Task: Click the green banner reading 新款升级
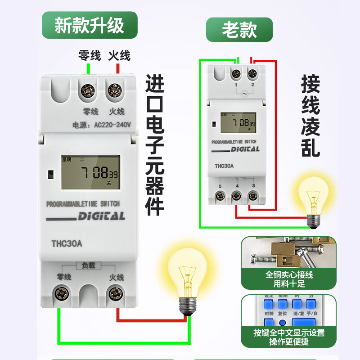click(x=90, y=25)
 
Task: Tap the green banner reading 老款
click(x=239, y=30)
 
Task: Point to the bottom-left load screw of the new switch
click(x=60, y=294)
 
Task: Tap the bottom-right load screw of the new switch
click(x=116, y=294)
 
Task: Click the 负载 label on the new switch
click(x=88, y=266)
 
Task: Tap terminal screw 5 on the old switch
click(x=220, y=196)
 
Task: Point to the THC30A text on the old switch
click(x=224, y=166)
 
